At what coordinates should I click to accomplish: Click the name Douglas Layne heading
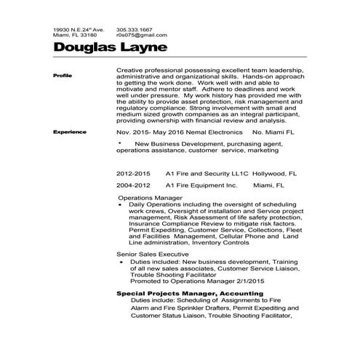point(111,48)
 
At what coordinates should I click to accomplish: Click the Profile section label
point(63,76)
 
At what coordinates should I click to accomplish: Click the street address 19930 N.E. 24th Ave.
point(79,28)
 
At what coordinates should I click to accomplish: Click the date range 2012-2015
point(134,175)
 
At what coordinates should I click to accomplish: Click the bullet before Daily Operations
point(120,206)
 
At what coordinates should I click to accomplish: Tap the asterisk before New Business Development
point(120,143)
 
